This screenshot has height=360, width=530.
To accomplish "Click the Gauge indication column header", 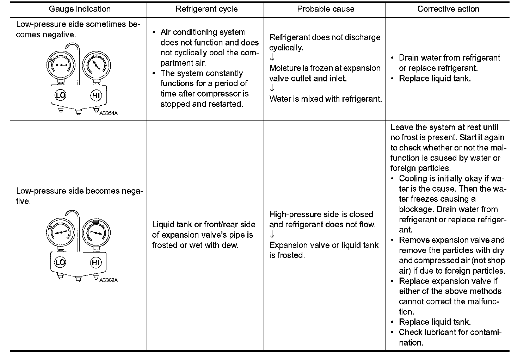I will (80, 9).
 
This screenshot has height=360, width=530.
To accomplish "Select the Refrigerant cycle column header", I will (207, 9).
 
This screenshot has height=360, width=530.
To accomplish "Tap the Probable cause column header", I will (326, 9).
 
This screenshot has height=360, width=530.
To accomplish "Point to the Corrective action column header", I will (448, 9).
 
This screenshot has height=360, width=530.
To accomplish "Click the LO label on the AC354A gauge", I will (61, 95).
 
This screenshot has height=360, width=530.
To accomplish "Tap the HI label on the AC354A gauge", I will (96, 95).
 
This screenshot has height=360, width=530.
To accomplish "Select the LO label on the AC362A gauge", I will (60, 262).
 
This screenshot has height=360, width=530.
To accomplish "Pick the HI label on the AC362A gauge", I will (96, 262).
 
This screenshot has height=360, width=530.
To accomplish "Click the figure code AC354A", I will (108, 113).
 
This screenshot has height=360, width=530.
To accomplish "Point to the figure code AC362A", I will (108, 280).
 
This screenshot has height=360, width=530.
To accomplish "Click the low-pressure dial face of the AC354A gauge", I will (61, 65).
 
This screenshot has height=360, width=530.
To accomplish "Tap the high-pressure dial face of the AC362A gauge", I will (96, 232).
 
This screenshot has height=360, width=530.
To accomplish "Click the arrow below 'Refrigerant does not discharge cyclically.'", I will (272, 57).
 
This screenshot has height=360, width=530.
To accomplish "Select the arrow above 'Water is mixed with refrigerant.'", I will (272, 88).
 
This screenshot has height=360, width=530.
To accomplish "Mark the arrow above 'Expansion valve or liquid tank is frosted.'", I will (272, 235).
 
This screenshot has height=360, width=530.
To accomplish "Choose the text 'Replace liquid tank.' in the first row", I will (435, 78).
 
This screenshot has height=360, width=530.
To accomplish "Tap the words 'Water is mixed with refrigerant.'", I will (326, 99).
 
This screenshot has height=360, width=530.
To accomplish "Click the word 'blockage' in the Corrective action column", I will (416, 209).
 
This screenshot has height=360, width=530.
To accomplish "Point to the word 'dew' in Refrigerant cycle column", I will (230, 245).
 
